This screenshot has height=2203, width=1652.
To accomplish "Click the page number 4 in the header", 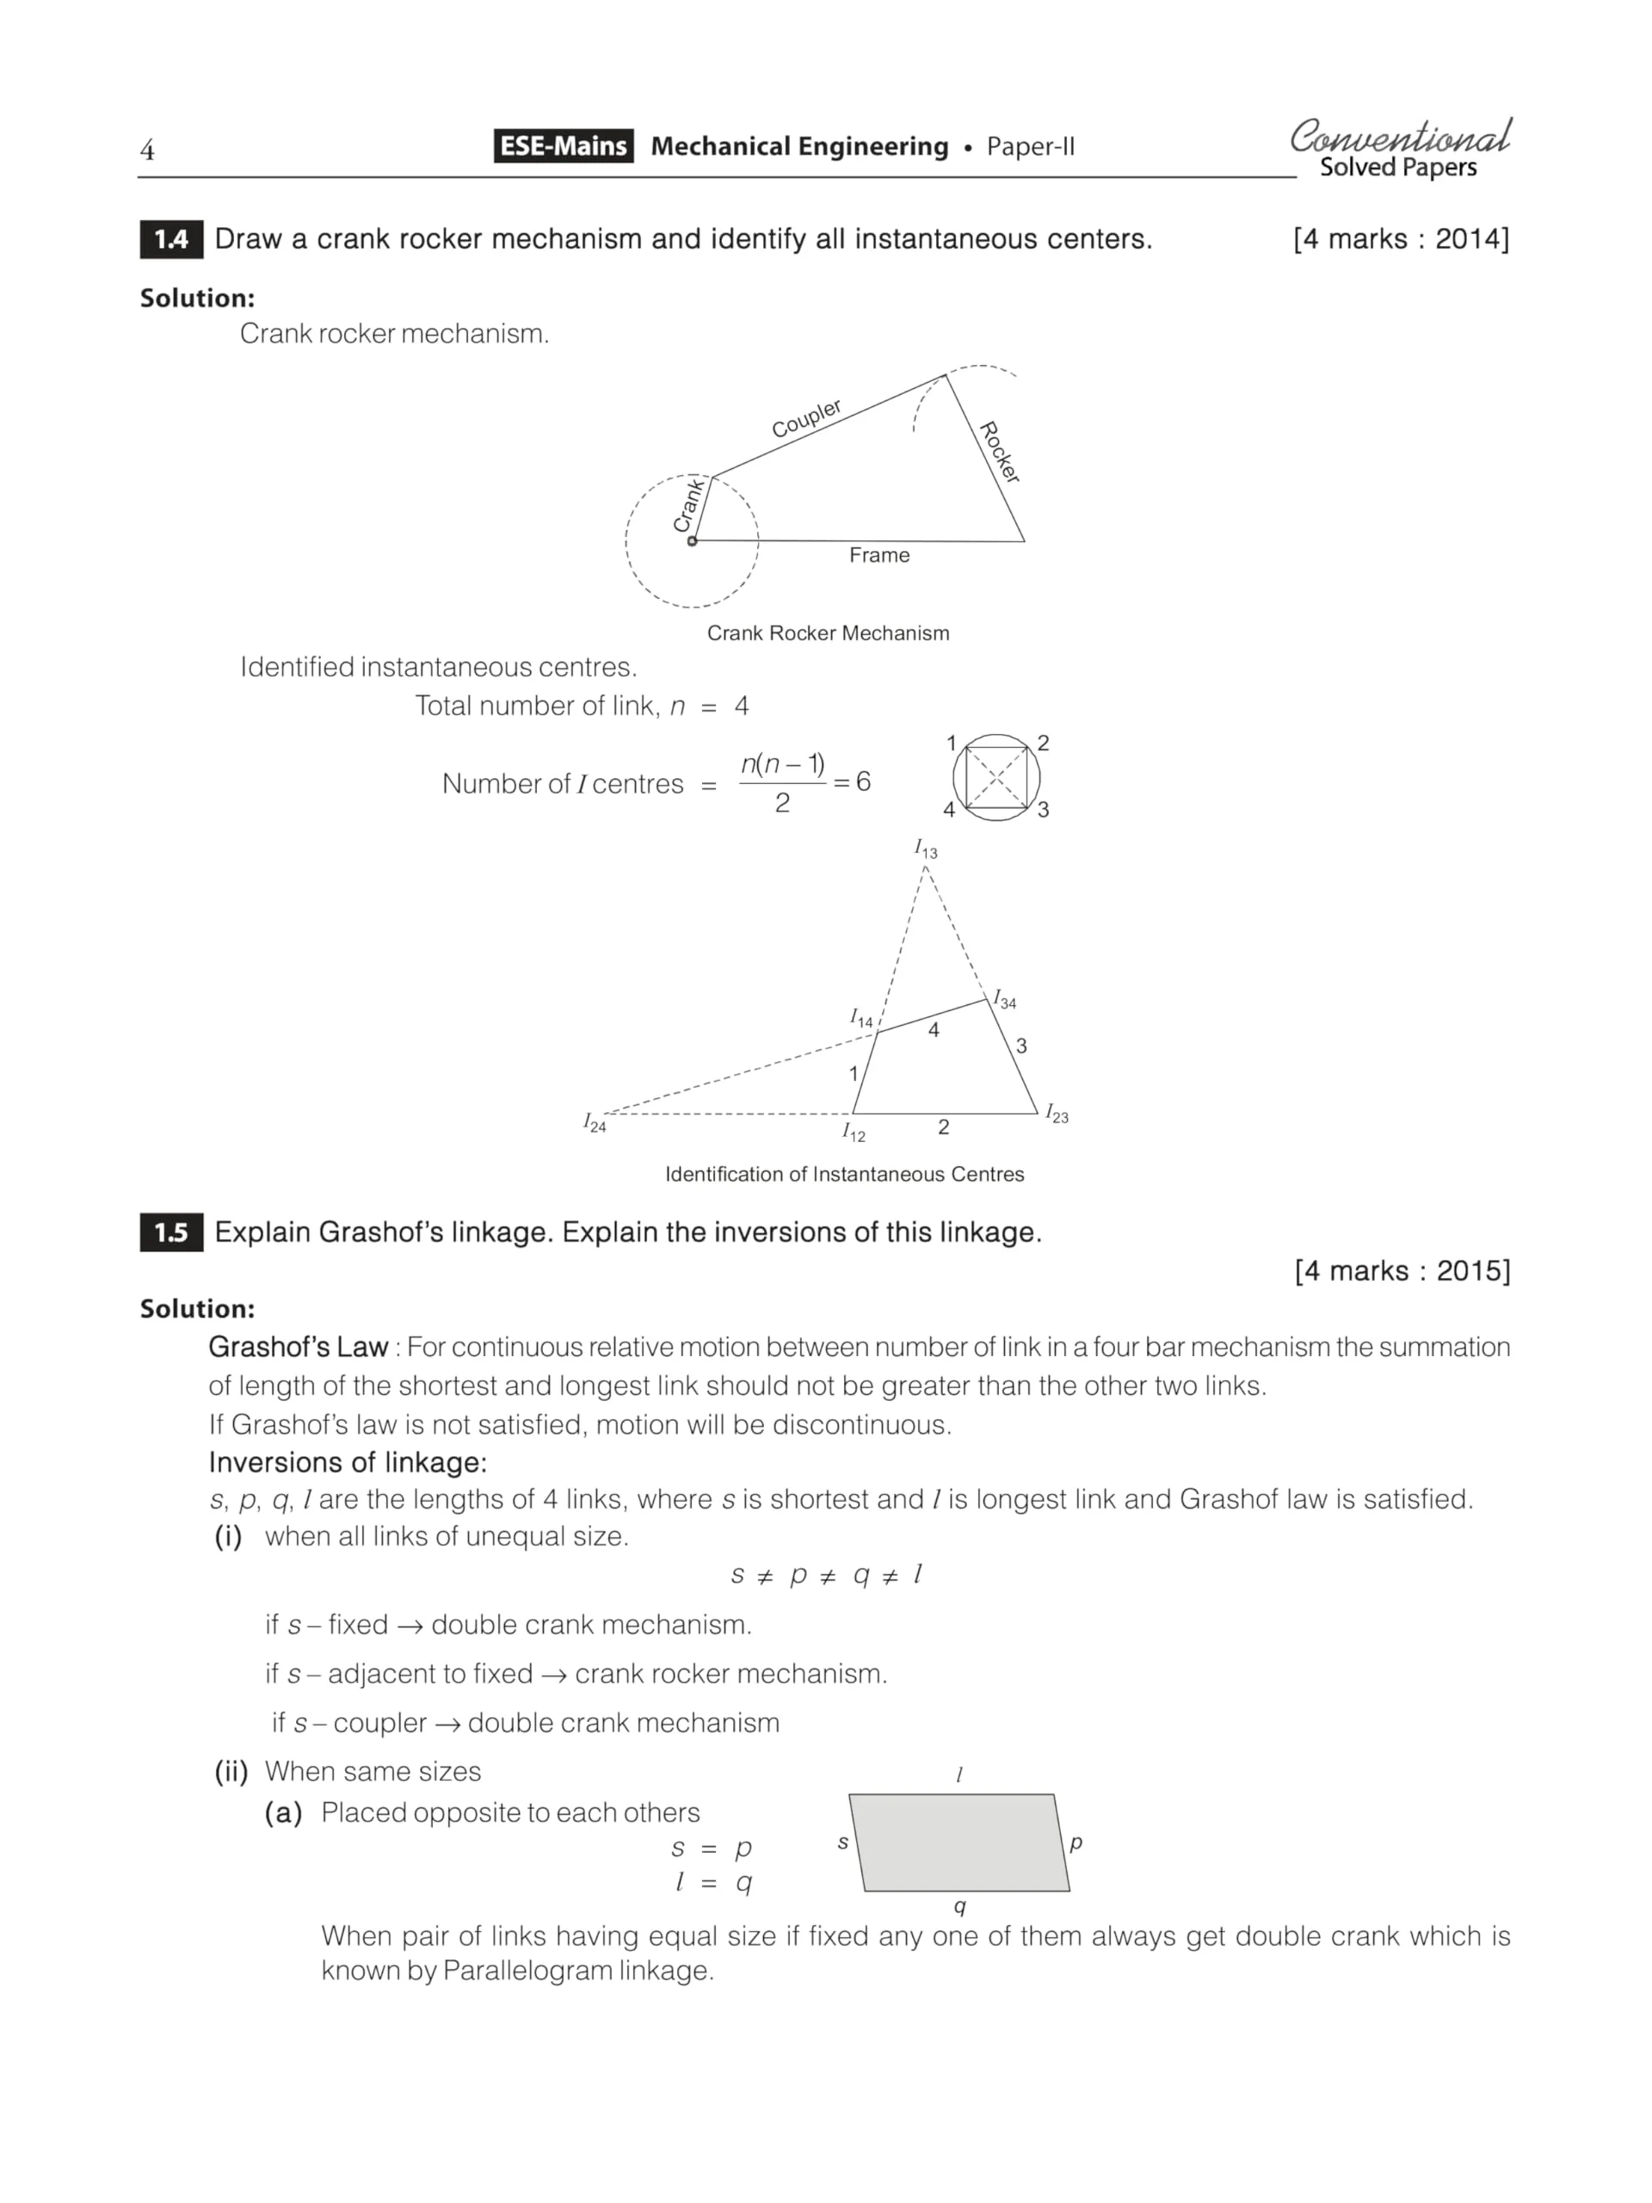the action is pyautogui.click(x=147, y=151).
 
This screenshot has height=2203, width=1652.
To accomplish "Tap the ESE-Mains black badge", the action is pyautogui.click(x=563, y=146).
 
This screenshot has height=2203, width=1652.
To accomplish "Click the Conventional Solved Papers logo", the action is pyautogui.click(x=1399, y=148).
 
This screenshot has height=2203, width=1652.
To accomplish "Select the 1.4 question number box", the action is pyautogui.click(x=171, y=239).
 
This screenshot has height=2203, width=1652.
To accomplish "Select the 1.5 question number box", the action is pyautogui.click(x=171, y=1232).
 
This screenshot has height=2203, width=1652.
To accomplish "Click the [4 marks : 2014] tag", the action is pyautogui.click(x=1400, y=239).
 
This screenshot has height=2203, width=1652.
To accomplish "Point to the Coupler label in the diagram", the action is pyautogui.click(x=806, y=418).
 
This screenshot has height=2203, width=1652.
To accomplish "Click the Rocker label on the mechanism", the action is pyautogui.click(x=1001, y=452).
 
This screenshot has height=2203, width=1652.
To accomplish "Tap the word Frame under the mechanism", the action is pyautogui.click(x=879, y=555).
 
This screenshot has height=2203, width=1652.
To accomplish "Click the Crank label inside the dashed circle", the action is pyautogui.click(x=689, y=504).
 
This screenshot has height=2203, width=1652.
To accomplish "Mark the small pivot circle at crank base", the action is pyautogui.click(x=692, y=540).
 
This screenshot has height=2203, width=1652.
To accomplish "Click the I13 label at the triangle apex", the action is pyautogui.click(x=926, y=848).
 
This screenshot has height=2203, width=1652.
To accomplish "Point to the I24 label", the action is pyautogui.click(x=595, y=1122).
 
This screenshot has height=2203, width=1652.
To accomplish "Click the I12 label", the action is pyautogui.click(x=854, y=1132).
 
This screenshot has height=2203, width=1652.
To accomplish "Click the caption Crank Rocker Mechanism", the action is pyautogui.click(x=829, y=633).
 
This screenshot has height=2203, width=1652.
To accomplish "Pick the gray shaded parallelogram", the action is pyautogui.click(x=959, y=1842).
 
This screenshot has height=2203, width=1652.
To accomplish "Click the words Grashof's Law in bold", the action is pyautogui.click(x=298, y=1348).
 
